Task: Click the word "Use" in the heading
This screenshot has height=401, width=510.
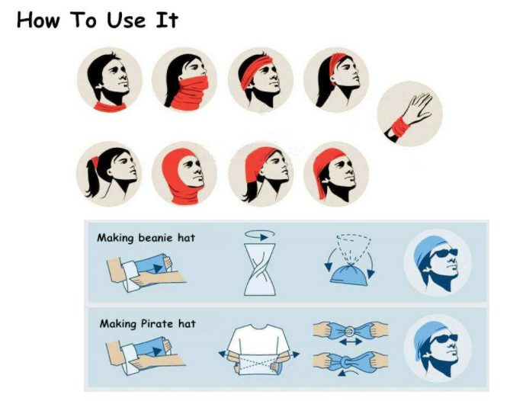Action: click(127, 21)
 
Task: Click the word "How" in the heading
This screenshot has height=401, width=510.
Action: click(38, 21)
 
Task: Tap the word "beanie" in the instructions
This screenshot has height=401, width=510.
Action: click(156, 238)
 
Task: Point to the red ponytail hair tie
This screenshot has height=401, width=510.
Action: click(95, 162)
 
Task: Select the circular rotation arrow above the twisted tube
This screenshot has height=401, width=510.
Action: click(260, 235)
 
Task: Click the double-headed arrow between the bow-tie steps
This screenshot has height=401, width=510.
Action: click(350, 342)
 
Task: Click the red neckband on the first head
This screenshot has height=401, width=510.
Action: click(111, 107)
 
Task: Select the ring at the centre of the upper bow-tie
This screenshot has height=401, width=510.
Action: click(350, 331)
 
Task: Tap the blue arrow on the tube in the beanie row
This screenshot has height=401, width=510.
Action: click(158, 268)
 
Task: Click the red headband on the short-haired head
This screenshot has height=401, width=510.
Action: click(255, 69)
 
